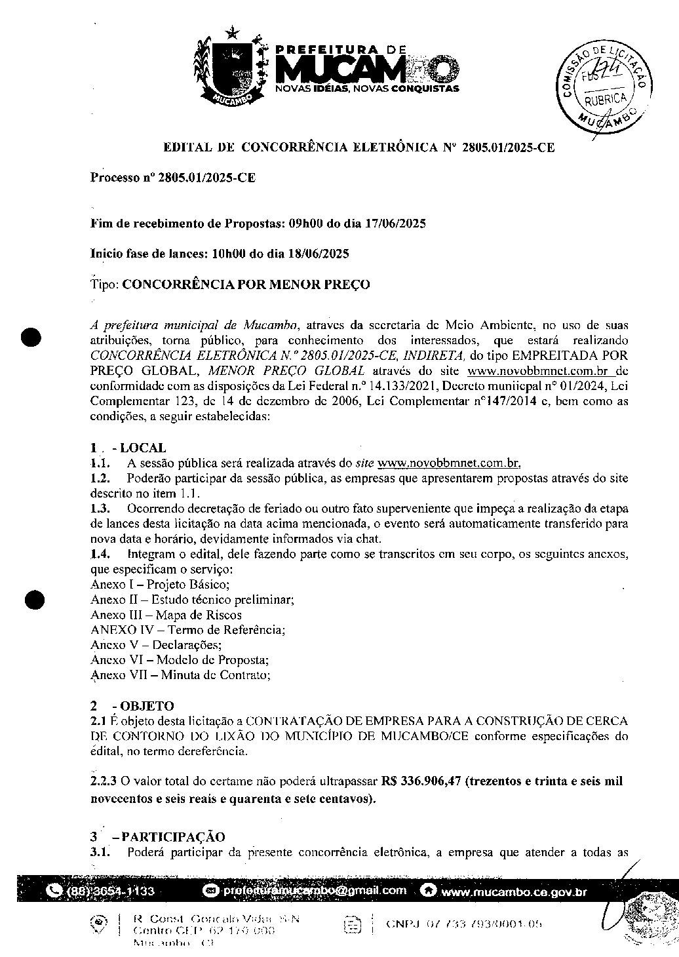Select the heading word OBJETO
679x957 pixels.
pyautogui.click(x=147, y=706)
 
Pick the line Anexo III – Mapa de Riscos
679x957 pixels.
pyautogui.click(x=166, y=615)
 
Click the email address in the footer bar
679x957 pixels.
pyautogui.click(x=314, y=891)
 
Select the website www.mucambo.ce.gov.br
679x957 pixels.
pyautogui.click(x=514, y=892)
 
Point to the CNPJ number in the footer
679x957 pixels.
pyautogui.click(x=464, y=924)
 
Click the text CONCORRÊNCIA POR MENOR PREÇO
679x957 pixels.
pyautogui.click(x=246, y=284)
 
